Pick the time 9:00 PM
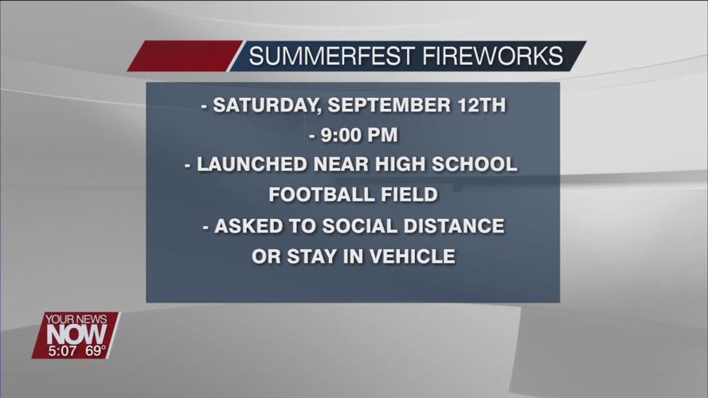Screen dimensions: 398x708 pos(359,135)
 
